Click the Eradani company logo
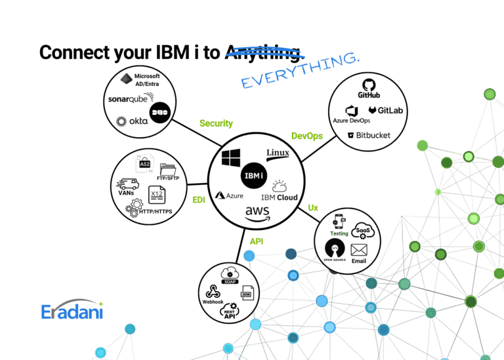tap(72, 310)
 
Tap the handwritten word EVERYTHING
tap(300, 71)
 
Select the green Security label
tap(216, 123)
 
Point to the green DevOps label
tap(306, 136)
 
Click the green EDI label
tap(199, 200)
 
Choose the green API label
tap(257, 241)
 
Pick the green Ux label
tap(313, 208)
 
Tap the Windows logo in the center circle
tap(231, 158)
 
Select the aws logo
tap(258, 213)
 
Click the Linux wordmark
tap(278, 153)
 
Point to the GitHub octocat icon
tap(369, 85)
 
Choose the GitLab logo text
tap(386, 111)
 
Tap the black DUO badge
tap(159, 112)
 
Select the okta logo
tap(132, 121)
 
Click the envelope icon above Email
tap(358, 250)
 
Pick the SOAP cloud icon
tap(230, 274)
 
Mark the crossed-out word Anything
tap(263, 52)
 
